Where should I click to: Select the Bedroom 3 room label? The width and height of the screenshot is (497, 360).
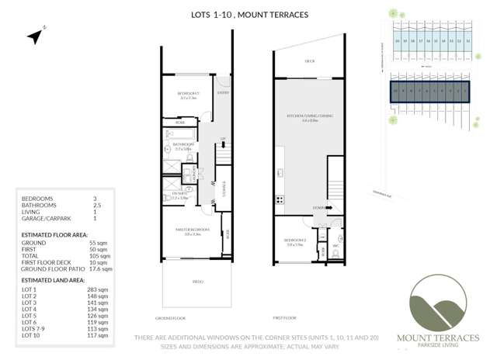[189, 96]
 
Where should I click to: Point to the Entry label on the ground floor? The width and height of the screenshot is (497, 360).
[223, 93]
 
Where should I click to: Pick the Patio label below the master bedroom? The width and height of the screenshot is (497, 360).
[197, 282]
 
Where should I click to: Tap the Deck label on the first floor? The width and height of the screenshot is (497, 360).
[309, 62]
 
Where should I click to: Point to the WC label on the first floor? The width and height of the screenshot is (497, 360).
[335, 247]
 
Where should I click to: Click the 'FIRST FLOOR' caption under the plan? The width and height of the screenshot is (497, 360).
[285, 318]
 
